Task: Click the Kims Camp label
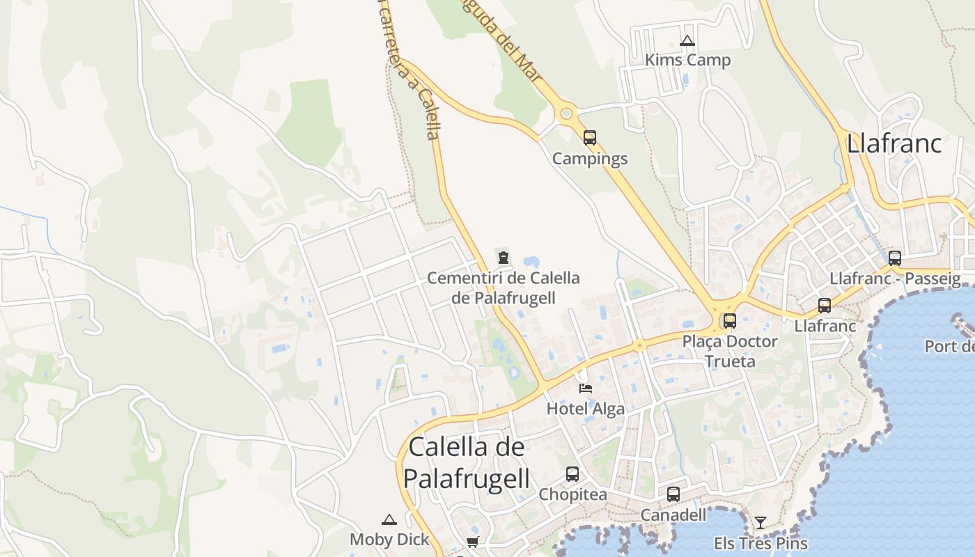687,61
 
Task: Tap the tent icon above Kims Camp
687,41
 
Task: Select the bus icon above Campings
590,137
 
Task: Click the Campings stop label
590,159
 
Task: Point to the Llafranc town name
894,143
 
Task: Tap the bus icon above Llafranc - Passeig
895,258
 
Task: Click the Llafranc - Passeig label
895,279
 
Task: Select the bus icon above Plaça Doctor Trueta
729,320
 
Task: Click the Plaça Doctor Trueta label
729,351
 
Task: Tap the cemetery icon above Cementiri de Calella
503,257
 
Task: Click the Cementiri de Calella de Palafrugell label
503,288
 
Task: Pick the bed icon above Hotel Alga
586,388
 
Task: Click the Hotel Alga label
586,409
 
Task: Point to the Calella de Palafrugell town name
467,462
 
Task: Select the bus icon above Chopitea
572,473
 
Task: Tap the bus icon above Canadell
673,494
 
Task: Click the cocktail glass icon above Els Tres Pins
760,522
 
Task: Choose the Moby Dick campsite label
389,540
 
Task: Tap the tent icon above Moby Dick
389,519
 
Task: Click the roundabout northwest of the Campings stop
566,113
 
